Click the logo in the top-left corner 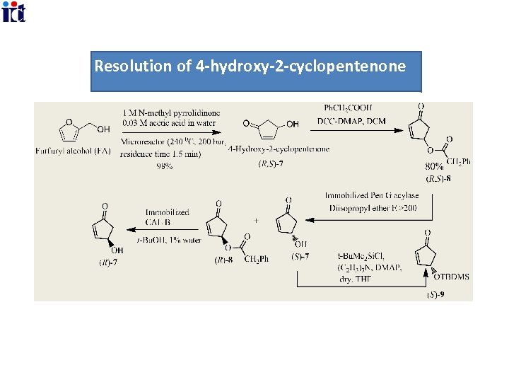tap(13, 12)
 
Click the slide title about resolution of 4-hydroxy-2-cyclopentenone tap(250, 66)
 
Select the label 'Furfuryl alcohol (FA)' tap(78, 150)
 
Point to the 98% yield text tap(165, 166)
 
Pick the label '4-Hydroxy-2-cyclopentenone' tap(279, 149)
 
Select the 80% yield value tap(434, 166)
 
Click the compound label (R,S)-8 tap(438, 178)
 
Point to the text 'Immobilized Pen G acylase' tap(372, 195)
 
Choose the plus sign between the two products tap(255, 221)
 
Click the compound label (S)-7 tap(300, 255)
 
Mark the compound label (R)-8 tap(226, 260)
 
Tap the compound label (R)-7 tap(107, 263)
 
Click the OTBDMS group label tap(453, 277)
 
